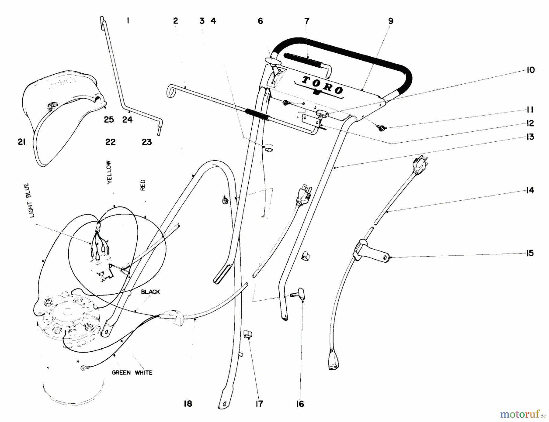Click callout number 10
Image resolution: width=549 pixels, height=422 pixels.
coord(530,70)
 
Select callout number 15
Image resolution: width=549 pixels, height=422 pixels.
coord(530,253)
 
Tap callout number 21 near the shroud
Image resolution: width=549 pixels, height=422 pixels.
coord(22,142)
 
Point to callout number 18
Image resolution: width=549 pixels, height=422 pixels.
coord(188,404)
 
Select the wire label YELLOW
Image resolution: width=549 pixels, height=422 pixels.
coord(109,172)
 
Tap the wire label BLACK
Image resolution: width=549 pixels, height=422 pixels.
coord(150,292)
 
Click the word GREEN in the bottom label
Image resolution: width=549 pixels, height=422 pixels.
coord(121,373)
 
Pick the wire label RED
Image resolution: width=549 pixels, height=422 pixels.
coord(143,185)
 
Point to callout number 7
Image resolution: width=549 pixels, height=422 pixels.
coord(307,21)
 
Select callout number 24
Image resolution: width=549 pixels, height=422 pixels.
coord(127,120)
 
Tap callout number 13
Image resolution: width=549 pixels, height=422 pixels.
coord(530,137)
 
